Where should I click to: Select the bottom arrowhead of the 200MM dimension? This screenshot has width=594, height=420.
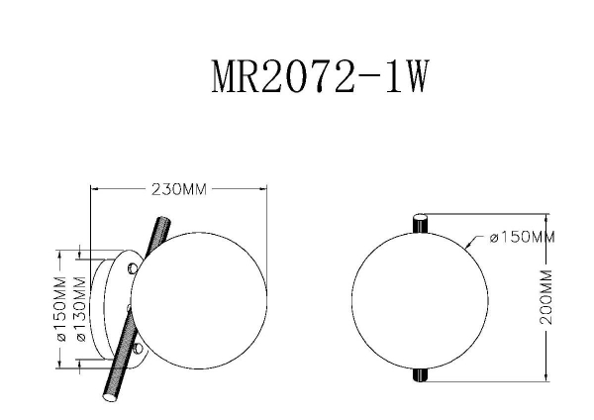tap(547, 378)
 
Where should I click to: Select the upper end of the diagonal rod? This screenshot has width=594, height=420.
tap(158, 219)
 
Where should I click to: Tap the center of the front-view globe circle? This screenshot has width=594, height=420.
tap(421, 298)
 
